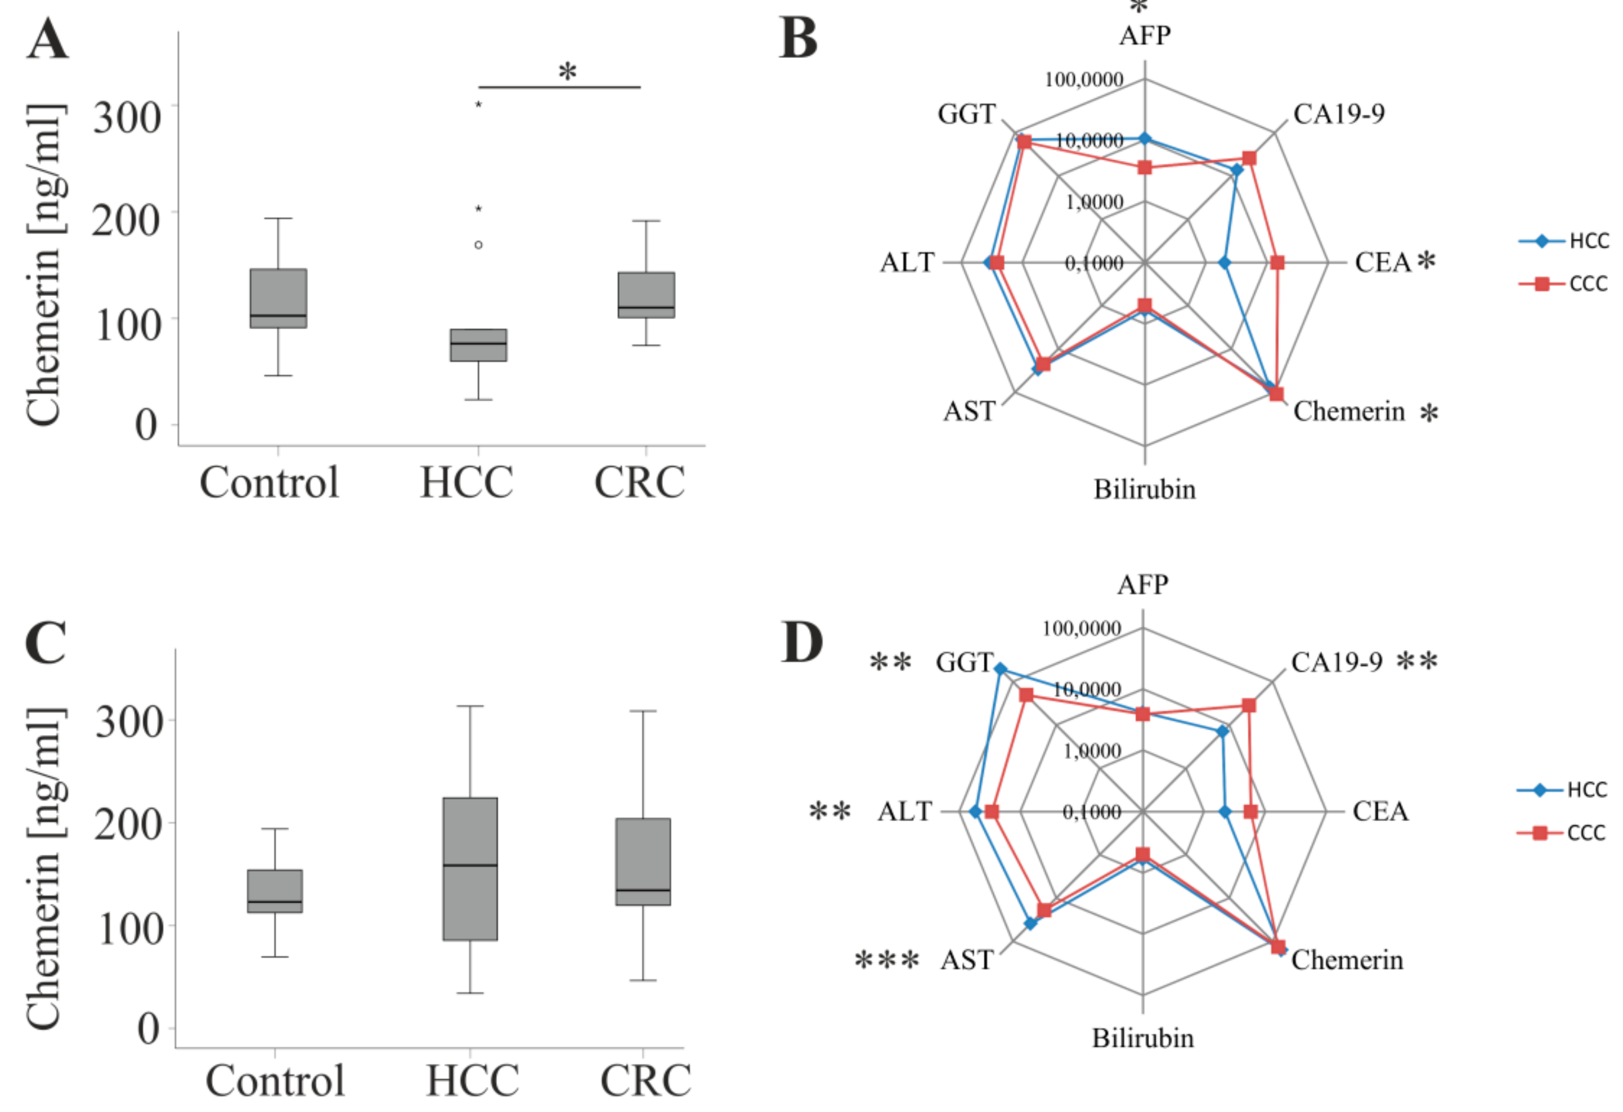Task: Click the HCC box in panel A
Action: (x=478, y=345)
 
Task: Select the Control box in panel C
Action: (x=275, y=891)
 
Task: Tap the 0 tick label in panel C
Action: (x=147, y=1028)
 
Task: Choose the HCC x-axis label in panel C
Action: (x=472, y=1080)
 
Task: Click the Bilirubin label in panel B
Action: (x=1144, y=490)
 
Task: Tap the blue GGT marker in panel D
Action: (x=1000, y=669)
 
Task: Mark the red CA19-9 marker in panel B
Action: (x=1249, y=159)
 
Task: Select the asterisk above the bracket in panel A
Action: (x=568, y=71)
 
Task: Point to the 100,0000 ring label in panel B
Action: (x=1084, y=79)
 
